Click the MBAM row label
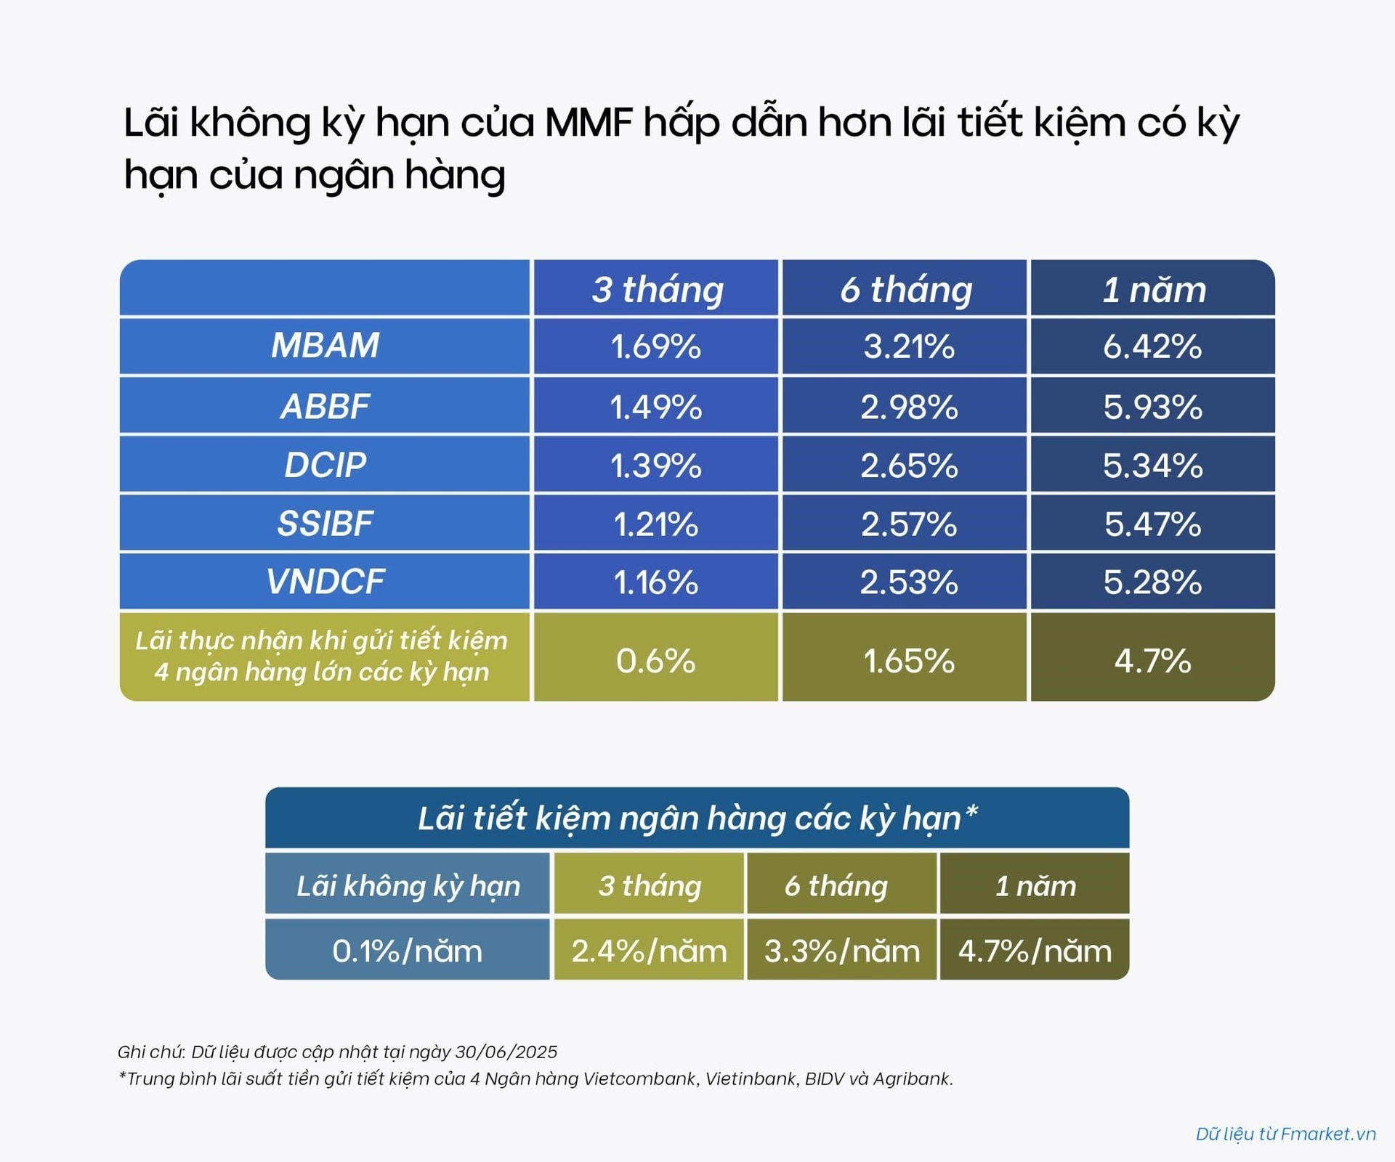(325, 345)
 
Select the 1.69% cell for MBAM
(655, 346)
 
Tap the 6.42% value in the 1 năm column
(1152, 346)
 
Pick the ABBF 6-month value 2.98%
(909, 407)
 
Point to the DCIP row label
(325, 465)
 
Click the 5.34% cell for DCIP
(1152, 466)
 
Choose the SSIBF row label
(325, 524)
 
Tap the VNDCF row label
(325, 582)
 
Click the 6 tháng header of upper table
(906, 290)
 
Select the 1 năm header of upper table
(1154, 290)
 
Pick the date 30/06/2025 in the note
(506, 1052)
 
